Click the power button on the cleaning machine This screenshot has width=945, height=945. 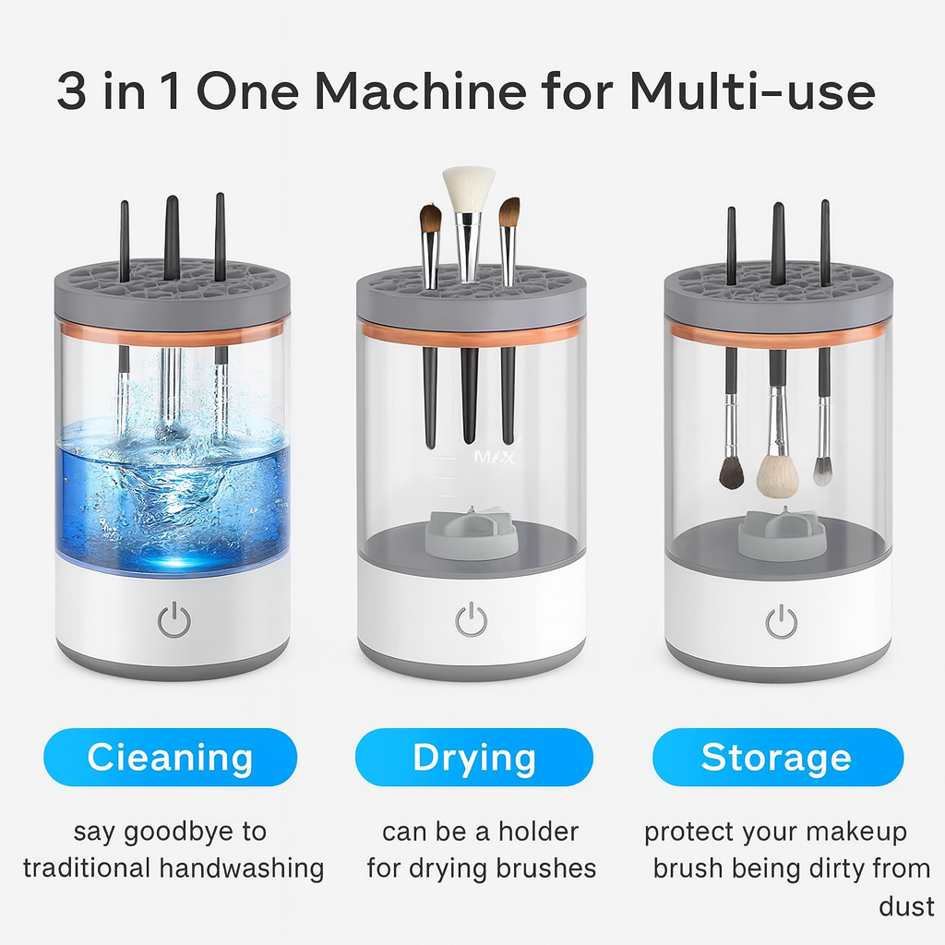point(173,620)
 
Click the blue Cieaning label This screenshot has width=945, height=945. point(170,758)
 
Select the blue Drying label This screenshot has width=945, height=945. point(473,758)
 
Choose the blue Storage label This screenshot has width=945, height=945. point(776,758)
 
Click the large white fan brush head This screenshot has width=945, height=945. point(468,188)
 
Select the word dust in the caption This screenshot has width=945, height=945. point(906,906)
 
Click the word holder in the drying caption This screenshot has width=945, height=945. point(538,831)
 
